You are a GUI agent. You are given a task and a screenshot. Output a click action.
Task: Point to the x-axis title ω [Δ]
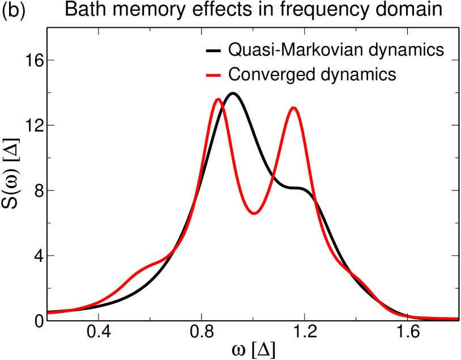254,349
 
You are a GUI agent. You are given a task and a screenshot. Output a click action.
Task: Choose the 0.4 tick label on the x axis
100,333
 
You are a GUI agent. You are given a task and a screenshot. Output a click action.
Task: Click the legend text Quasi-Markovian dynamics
335,50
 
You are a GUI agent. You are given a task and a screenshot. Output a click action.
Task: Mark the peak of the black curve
233,93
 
